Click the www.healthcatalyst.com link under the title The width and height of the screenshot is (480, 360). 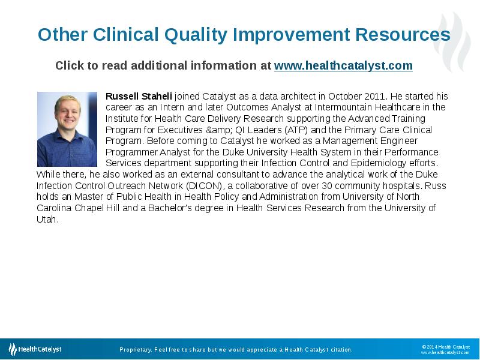[343, 66]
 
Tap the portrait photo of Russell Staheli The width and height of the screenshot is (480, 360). [67, 129]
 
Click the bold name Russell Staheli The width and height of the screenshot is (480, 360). [139, 96]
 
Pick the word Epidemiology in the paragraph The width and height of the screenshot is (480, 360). [382, 163]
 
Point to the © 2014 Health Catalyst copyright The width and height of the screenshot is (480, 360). [446, 347]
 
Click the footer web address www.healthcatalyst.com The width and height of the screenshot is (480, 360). [445, 353]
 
